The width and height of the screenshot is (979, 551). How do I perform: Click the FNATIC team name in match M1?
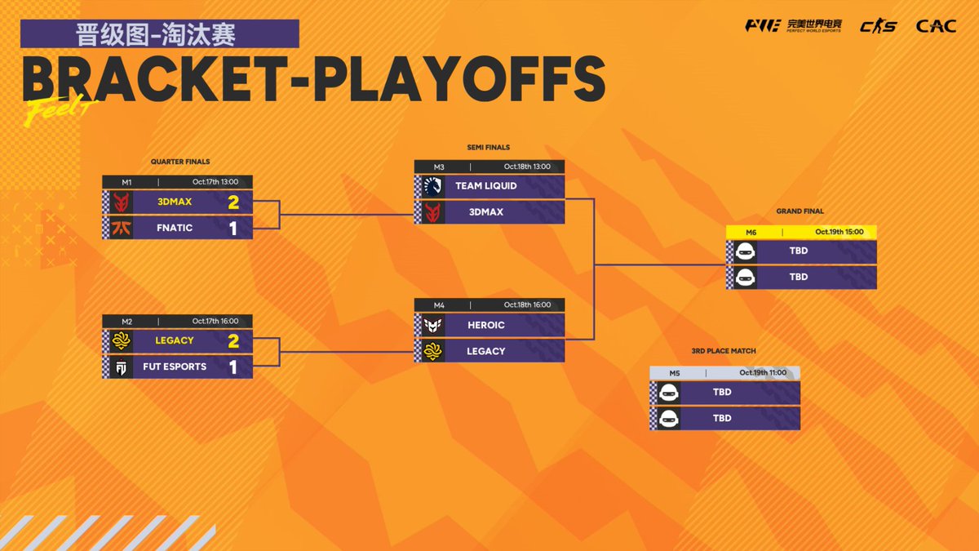pyautogui.click(x=175, y=228)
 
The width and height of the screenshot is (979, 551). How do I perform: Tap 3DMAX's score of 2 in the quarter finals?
pyautogui.click(x=233, y=202)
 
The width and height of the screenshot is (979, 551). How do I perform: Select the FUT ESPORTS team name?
pyautogui.click(x=175, y=367)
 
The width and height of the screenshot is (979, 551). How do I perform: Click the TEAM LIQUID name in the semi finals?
pyautogui.click(x=486, y=185)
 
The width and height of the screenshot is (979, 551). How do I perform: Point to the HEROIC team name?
pyautogui.click(x=486, y=325)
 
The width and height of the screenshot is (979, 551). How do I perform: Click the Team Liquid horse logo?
pyautogui.click(x=432, y=185)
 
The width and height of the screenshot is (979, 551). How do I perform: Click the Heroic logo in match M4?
pyautogui.click(x=432, y=325)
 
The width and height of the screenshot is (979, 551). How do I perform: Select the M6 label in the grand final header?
pyautogui.click(x=751, y=232)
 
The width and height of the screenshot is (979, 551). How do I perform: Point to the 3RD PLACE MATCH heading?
pyautogui.click(x=723, y=351)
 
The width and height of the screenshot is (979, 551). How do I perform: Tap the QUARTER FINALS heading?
pyautogui.click(x=180, y=162)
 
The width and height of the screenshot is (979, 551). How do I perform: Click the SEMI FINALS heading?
pyautogui.click(x=488, y=148)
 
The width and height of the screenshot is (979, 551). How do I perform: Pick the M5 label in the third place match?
pyautogui.click(x=675, y=372)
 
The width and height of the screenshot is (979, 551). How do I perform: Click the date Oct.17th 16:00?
pyautogui.click(x=215, y=321)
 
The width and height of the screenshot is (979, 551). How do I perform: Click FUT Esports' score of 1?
pyautogui.click(x=233, y=367)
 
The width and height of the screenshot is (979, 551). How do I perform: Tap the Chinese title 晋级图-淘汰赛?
pyautogui.click(x=160, y=34)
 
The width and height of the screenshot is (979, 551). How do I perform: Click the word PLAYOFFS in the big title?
pyautogui.click(x=459, y=80)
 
